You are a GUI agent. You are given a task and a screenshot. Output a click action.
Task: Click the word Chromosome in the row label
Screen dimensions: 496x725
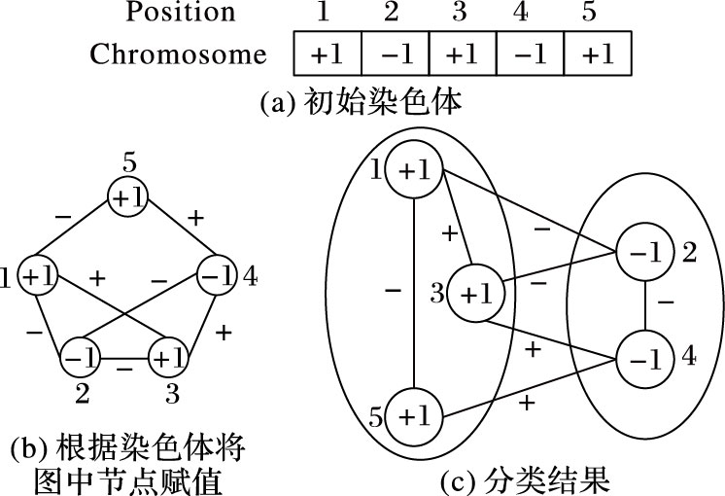178,54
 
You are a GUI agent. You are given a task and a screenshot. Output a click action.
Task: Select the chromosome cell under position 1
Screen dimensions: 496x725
327,54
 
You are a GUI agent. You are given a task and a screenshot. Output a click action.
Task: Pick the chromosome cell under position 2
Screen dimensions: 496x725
396,54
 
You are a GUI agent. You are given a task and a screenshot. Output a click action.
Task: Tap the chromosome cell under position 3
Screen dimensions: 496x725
464,54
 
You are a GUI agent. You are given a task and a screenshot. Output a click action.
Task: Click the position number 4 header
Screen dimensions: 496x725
531,12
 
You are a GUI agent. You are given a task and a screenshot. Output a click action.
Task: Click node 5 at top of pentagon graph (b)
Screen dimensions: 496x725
128,196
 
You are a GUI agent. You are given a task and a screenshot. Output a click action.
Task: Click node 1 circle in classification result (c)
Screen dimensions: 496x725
414,169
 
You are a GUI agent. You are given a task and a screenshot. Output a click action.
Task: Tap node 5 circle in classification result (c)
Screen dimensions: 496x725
414,416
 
